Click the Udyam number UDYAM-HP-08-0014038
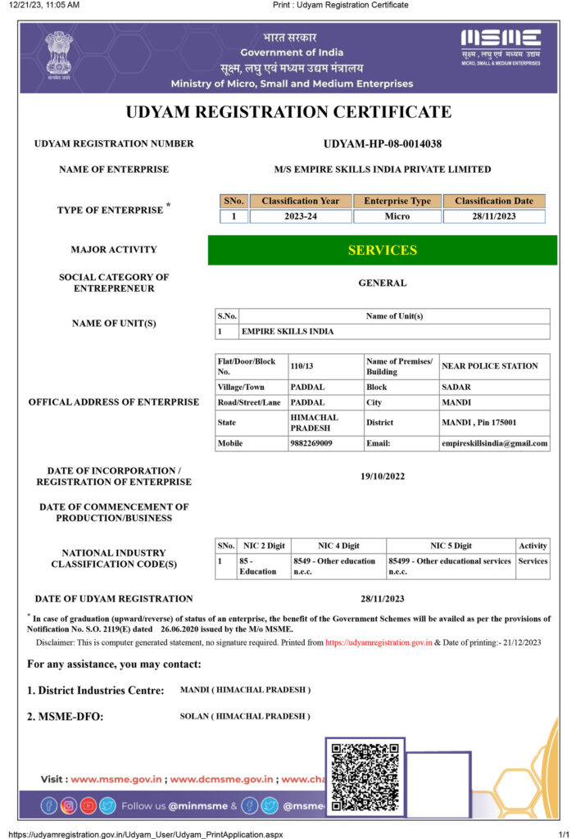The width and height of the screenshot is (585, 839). [383, 144]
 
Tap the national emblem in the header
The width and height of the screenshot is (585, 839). [58, 52]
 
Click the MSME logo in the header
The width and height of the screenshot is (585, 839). [500, 46]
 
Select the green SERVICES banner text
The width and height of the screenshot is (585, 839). [382, 250]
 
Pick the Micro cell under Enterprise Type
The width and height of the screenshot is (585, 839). [397, 216]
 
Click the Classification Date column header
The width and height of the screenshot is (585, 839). [494, 201]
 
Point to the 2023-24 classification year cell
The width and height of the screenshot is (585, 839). [300, 216]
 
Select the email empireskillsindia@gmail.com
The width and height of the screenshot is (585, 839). [494, 443]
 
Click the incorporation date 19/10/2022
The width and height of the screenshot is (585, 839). [382, 476]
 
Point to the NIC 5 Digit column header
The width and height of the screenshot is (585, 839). [451, 546]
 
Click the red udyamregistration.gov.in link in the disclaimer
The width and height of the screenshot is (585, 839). [379, 643]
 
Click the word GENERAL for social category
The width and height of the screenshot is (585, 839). [382, 283]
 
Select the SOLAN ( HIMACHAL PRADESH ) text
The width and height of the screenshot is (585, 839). [245, 716]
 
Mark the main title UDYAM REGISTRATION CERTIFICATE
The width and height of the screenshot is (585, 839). [288, 112]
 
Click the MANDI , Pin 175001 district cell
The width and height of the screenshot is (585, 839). [478, 423]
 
